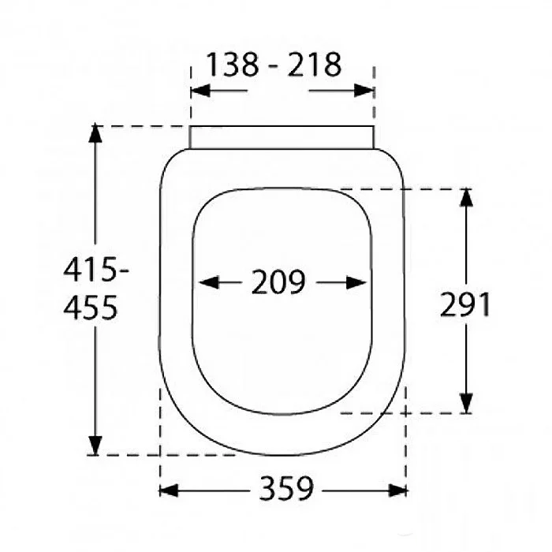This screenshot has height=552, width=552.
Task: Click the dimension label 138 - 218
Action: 274,65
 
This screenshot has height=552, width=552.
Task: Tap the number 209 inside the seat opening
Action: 278,282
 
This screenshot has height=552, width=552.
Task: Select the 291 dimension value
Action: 465,304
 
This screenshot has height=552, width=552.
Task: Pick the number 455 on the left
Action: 91,307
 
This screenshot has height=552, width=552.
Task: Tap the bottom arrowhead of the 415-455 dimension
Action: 95,446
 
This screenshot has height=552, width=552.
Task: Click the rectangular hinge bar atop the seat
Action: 282,136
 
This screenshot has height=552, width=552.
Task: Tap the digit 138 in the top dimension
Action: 233,65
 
